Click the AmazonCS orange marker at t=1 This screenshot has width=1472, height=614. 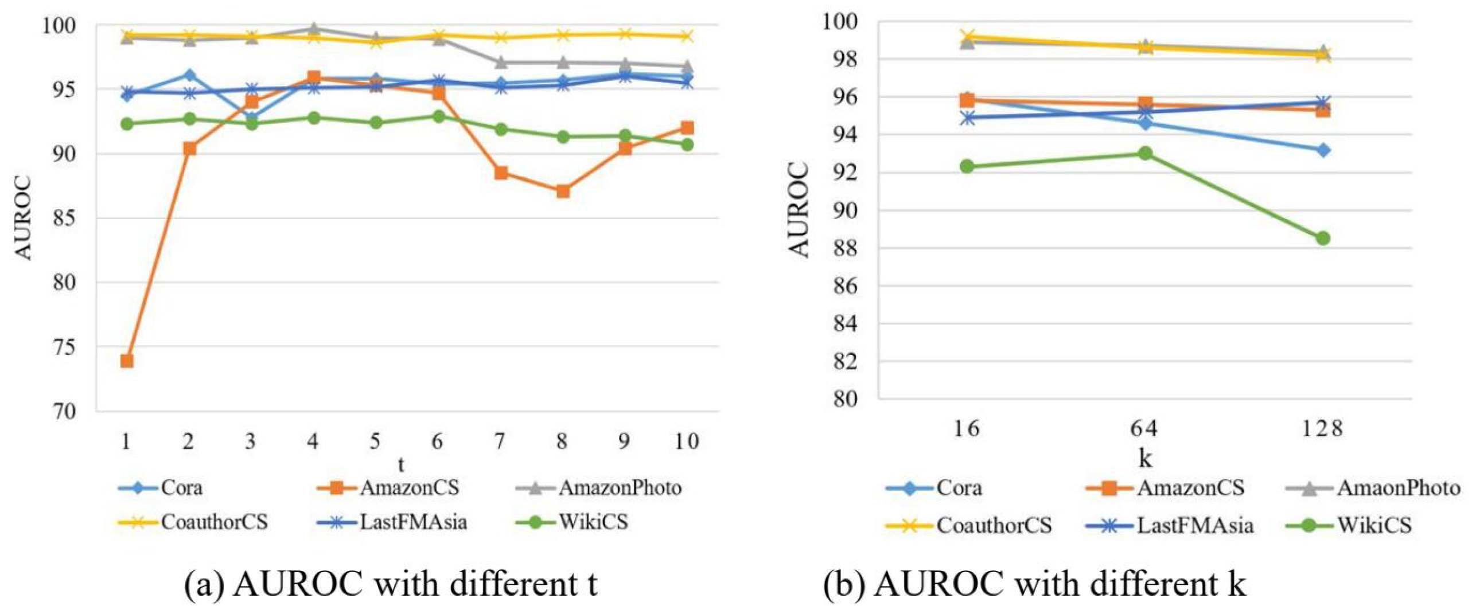pyautogui.click(x=127, y=361)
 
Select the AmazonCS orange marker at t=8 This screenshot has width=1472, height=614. pyautogui.click(x=563, y=191)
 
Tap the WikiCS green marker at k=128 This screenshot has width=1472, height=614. pyautogui.click(x=1323, y=238)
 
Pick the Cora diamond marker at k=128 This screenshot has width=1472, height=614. pyautogui.click(x=1323, y=150)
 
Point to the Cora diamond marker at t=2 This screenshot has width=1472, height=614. pyautogui.click(x=189, y=75)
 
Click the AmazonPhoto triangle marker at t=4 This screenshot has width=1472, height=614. pyautogui.click(x=314, y=29)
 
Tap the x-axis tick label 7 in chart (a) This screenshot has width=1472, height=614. pyautogui.click(x=500, y=441)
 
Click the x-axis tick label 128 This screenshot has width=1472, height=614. pyautogui.click(x=1322, y=429)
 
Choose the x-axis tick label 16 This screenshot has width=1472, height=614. pyautogui.click(x=967, y=429)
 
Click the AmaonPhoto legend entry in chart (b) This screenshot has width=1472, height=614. pyautogui.click(x=1399, y=488)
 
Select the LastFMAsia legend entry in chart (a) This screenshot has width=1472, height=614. pyautogui.click(x=413, y=522)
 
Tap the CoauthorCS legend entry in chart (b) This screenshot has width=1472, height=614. pyautogui.click(x=994, y=525)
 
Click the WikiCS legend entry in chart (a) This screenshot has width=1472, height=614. pyautogui.click(x=593, y=522)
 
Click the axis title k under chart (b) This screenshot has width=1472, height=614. pyautogui.click(x=1145, y=459)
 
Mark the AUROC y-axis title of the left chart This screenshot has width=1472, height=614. pyautogui.click(x=23, y=218)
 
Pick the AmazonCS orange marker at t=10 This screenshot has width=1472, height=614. pyautogui.click(x=687, y=127)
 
